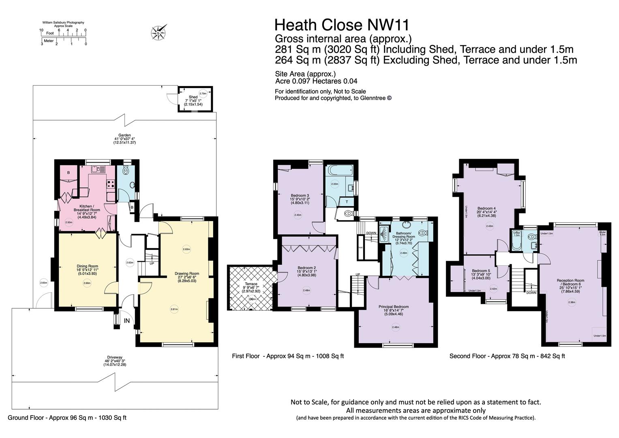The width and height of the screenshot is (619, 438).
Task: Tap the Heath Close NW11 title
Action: (342, 25)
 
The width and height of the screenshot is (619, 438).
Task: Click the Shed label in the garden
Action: (193, 97)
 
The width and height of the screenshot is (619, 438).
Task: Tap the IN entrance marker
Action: (127, 320)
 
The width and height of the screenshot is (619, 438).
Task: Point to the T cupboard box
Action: (346, 202)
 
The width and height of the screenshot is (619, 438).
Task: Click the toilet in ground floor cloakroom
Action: (126, 171)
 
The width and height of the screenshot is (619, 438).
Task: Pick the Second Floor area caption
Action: (507, 356)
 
